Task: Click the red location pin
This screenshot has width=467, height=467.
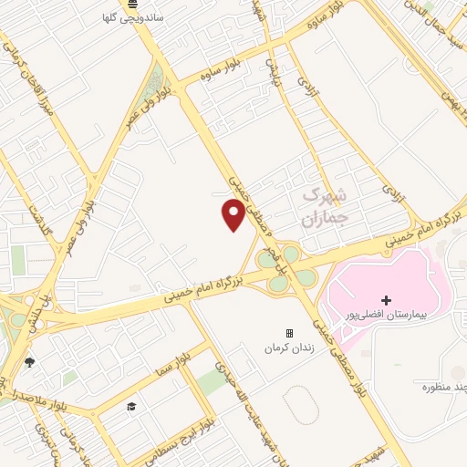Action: coord(233,215)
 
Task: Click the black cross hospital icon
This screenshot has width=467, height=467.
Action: coord(386,300)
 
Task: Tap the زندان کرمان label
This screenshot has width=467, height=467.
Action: coord(289,348)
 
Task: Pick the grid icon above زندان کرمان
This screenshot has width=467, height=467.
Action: coord(289,334)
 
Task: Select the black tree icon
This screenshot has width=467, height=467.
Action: coord(29,362)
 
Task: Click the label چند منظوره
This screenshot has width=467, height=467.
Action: coord(439,387)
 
